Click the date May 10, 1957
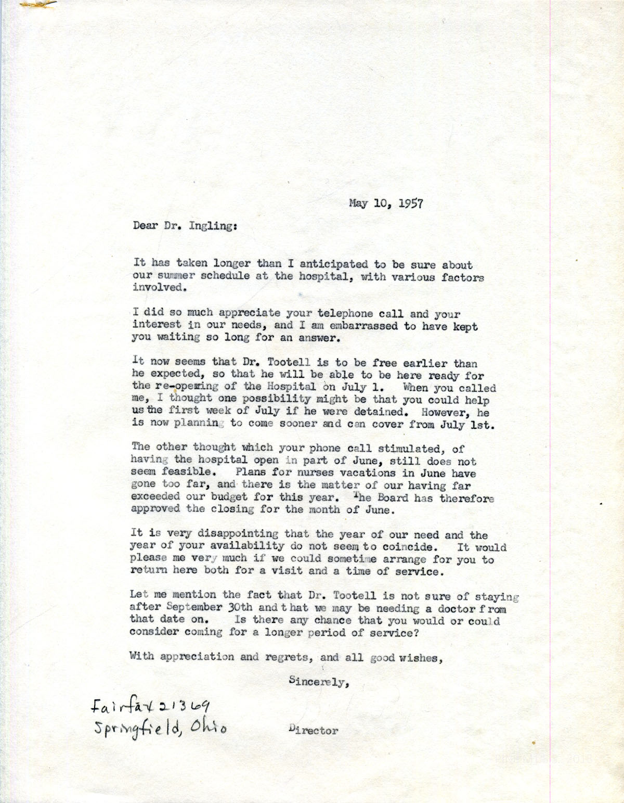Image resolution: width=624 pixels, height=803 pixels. coord(386,203)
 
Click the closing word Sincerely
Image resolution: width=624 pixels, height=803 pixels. coord(317,681)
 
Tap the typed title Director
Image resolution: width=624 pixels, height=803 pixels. coord(313,731)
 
